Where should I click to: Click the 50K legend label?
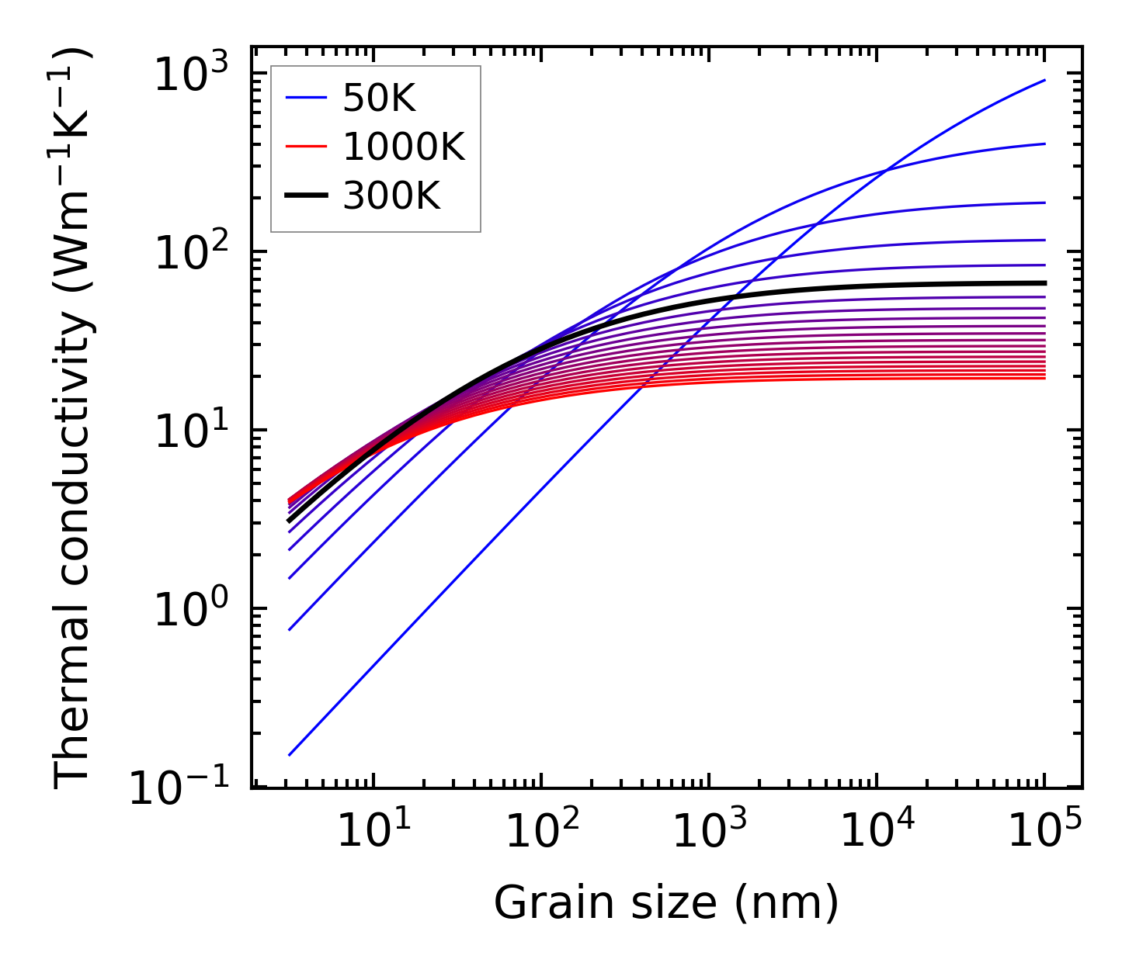[x=379, y=99]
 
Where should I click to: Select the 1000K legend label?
[x=404, y=147]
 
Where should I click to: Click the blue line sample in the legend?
[x=306, y=99]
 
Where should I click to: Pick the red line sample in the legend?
[x=306, y=147]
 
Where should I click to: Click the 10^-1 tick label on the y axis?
[x=180, y=788]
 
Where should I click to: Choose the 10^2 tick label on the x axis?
[x=541, y=832]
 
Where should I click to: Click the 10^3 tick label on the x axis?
[x=709, y=832]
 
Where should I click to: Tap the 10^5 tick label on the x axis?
[x=1044, y=832]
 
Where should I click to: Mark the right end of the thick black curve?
[x=1044, y=283]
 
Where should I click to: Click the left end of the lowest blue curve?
[x=290, y=754]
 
